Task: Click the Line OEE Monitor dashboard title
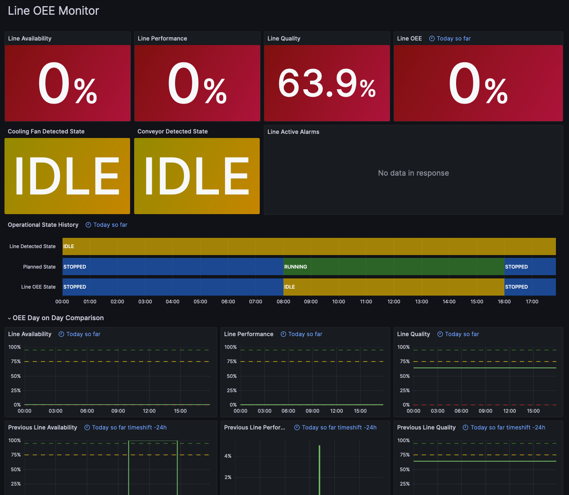(54, 11)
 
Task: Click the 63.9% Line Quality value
(327, 84)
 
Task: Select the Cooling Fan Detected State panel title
(46, 131)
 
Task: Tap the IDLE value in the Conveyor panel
(197, 176)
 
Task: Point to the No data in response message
(413, 173)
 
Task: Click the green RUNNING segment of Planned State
(394, 267)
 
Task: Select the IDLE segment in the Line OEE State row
(394, 287)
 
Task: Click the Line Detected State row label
(32, 246)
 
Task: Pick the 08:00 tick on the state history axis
(283, 302)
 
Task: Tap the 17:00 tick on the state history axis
(532, 302)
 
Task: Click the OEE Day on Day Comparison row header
(58, 318)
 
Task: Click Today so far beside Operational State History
(110, 225)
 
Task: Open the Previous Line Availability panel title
(43, 427)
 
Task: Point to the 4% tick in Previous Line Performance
(228, 456)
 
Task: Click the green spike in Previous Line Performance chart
(319, 471)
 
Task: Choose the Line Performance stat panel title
(162, 38)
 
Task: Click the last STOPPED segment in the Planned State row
(530, 267)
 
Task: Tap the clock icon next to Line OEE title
(432, 38)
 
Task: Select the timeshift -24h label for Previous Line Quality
(508, 427)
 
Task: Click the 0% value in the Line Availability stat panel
(67, 84)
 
